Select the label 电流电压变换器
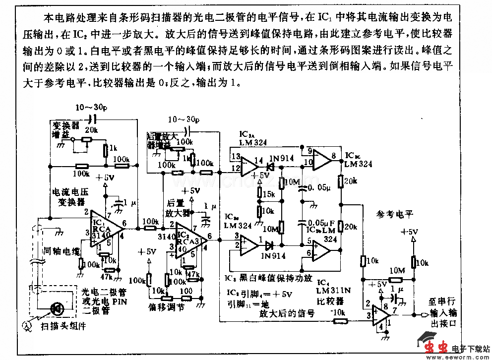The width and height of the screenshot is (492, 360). point(69,196)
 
